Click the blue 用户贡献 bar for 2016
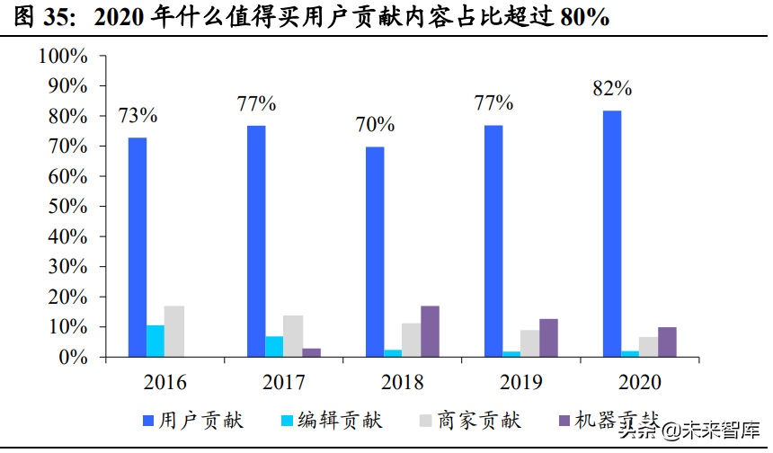[x=137, y=247]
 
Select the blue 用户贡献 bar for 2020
[x=611, y=234]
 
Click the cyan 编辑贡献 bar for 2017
[x=274, y=346]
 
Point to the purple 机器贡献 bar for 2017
[x=311, y=352]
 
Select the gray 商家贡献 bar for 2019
[x=530, y=343]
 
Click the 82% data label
[x=612, y=89]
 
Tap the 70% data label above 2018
[x=375, y=125]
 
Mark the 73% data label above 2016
[x=138, y=115]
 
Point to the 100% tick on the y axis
[x=63, y=57]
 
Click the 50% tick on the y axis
[x=67, y=207]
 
